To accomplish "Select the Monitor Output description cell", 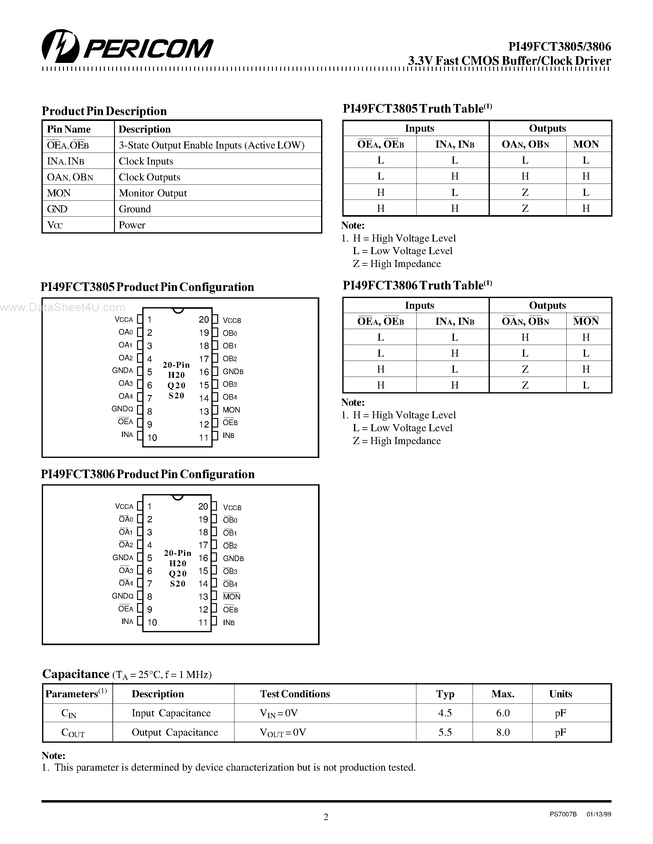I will tap(153, 193).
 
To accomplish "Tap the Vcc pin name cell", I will tap(55, 225).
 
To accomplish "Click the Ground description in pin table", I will tap(135, 209).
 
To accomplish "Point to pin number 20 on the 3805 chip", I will tap(203, 319).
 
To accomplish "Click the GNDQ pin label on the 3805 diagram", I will tap(122, 409).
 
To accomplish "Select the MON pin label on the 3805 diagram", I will tap(231, 410).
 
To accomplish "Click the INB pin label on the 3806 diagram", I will tap(229, 623).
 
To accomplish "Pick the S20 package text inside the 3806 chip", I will tap(178, 584).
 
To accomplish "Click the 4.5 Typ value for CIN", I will tap(445, 713).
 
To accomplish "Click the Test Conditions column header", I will tap(295, 694).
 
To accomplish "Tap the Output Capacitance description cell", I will tap(175, 732).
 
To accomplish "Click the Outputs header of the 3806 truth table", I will tap(547, 305).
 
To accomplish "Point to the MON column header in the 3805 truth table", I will tap(586, 145).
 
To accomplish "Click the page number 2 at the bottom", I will tap(326, 817).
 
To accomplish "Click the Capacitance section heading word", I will tap(75, 674).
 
